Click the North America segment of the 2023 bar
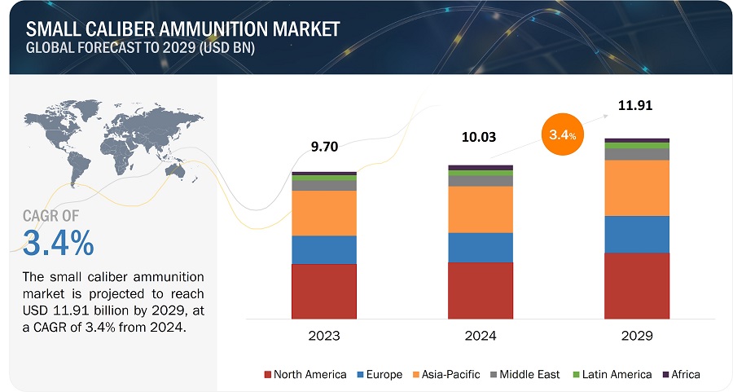click(x=323, y=290)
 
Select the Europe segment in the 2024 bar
click(x=480, y=247)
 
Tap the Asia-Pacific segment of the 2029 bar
click(x=636, y=187)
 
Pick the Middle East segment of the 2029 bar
click(x=636, y=154)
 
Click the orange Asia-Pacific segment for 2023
click(x=323, y=213)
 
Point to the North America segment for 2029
click(x=636, y=285)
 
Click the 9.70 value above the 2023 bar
click(x=323, y=148)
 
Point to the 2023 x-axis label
click(x=323, y=336)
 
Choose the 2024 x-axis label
click(x=480, y=336)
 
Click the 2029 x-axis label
click(x=636, y=336)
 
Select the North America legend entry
click(x=305, y=374)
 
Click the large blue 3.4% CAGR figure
click(x=59, y=243)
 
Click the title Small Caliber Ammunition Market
click(x=183, y=29)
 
